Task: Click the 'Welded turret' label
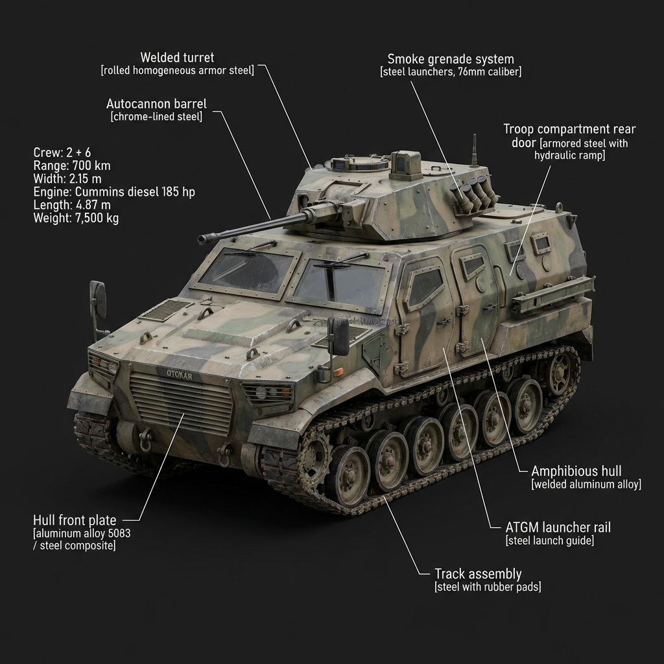(177, 58)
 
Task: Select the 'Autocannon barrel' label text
(156, 104)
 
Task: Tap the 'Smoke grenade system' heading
(450, 59)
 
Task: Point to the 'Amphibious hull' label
(576, 471)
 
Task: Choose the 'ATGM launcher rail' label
(558, 527)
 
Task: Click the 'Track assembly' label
(478, 574)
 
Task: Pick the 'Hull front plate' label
(75, 520)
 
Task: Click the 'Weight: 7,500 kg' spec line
(76, 218)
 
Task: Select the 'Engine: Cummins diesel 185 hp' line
(114, 192)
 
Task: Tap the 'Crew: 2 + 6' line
(62, 153)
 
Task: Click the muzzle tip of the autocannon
(202, 240)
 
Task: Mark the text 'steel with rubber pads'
(487, 587)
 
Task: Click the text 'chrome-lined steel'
(156, 117)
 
